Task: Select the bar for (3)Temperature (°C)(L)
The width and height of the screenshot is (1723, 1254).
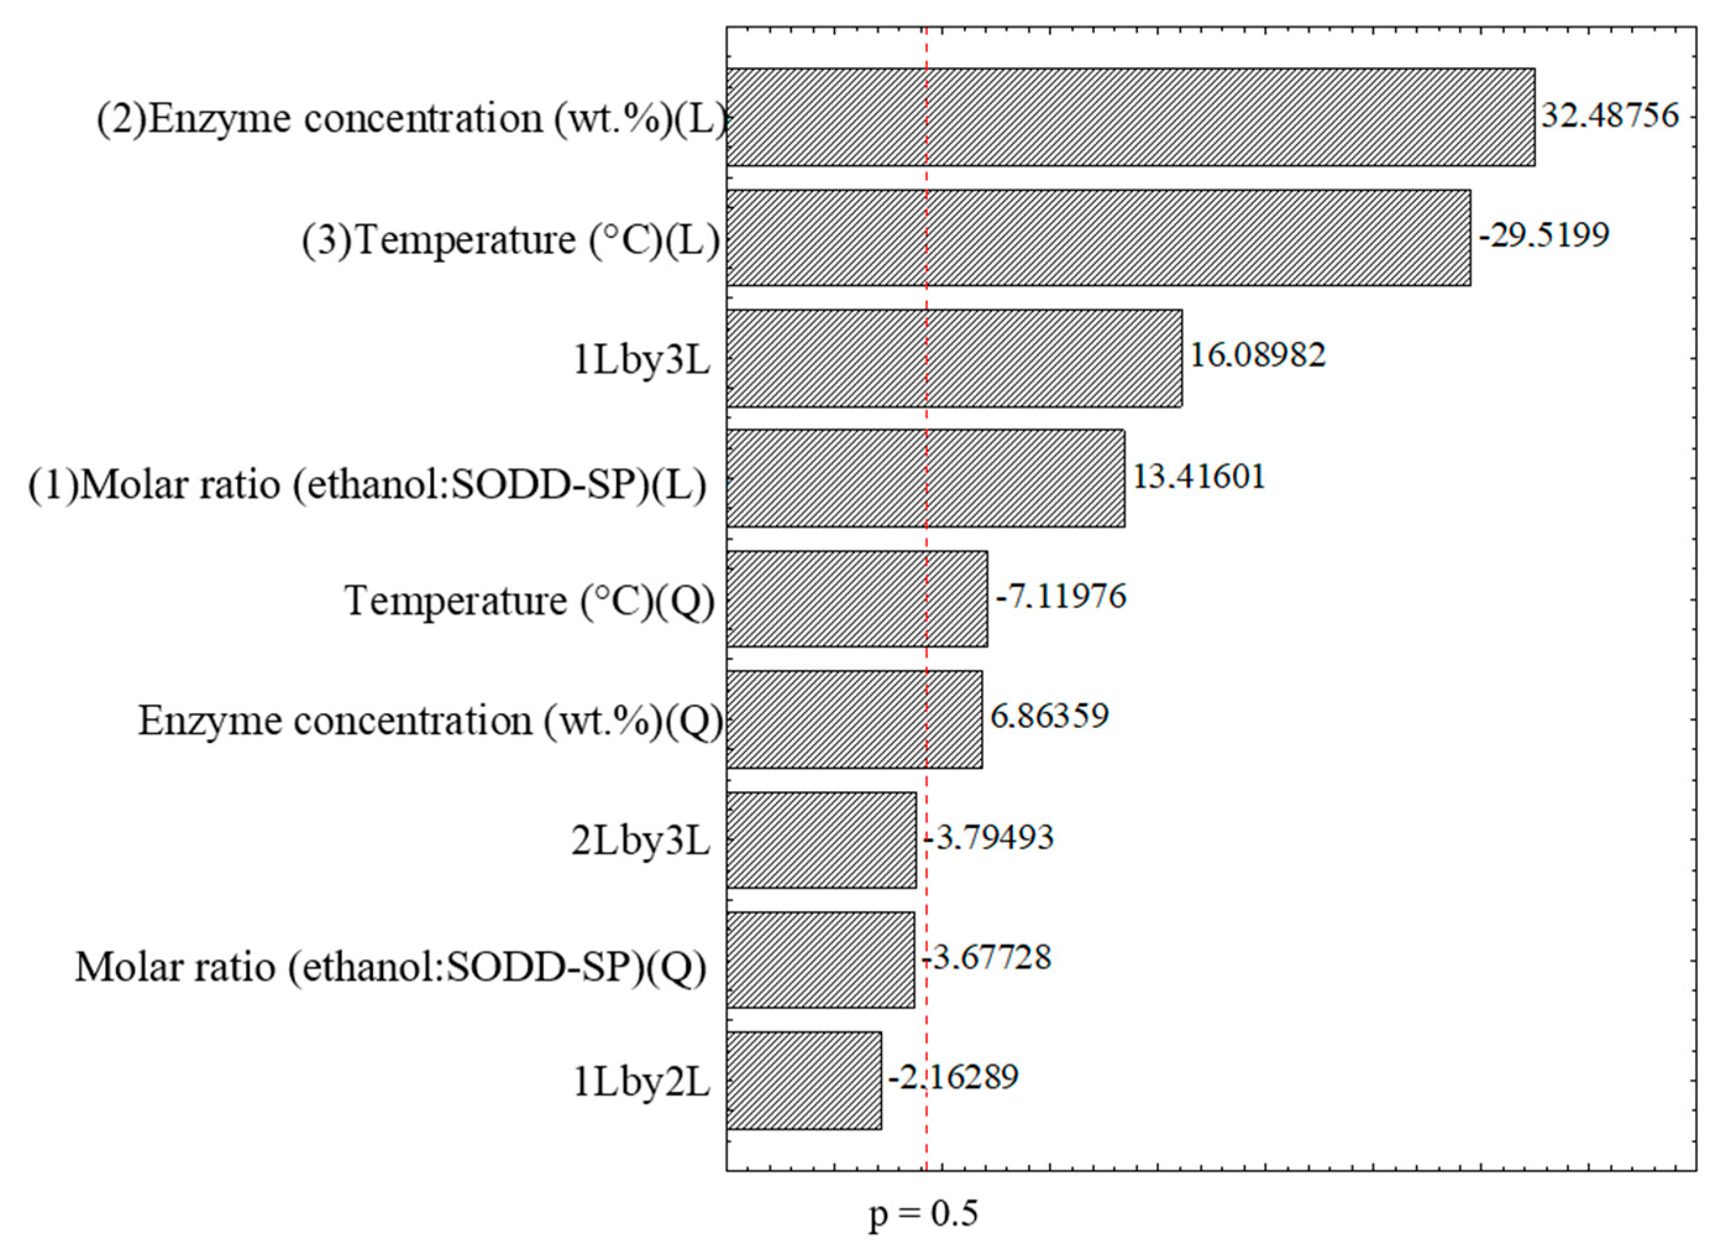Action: [x=1098, y=238]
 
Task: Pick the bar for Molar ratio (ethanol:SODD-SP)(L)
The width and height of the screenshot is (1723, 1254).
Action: [x=925, y=478]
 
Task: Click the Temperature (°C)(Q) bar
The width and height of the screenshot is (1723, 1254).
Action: [x=856, y=599]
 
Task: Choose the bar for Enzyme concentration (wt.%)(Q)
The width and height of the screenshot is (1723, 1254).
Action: [x=854, y=719]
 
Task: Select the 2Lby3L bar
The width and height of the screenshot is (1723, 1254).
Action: [x=820, y=840]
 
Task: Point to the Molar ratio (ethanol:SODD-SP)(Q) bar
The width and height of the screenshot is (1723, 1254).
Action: [x=820, y=960]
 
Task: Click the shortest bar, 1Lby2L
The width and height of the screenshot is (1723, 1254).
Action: [x=803, y=1080]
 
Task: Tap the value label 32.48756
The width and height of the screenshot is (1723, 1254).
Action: [x=1609, y=116]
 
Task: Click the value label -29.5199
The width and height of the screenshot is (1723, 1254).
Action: [x=1544, y=235]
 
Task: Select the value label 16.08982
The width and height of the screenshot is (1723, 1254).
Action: [x=1257, y=355]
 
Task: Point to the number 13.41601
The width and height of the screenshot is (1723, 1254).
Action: [x=1199, y=477]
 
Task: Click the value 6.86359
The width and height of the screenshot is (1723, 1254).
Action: [x=1049, y=716]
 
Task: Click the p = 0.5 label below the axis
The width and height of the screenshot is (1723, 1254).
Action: [x=924, y=1214]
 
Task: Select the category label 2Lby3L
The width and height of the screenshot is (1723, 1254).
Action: [x=641, y=843]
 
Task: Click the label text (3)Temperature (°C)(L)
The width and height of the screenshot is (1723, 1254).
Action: [x=510, y=241]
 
